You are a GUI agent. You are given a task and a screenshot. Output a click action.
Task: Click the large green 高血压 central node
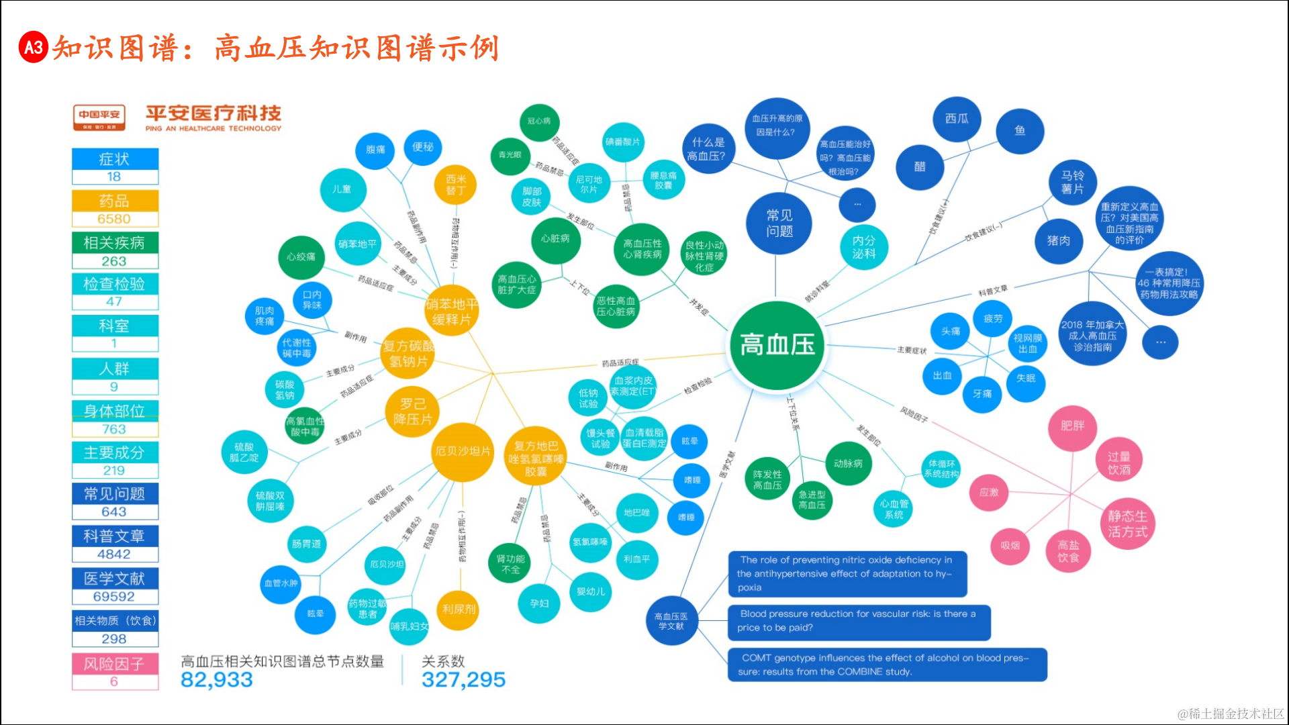click(x=777, y=345)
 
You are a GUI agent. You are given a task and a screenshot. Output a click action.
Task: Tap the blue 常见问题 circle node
click(x=779, y=224)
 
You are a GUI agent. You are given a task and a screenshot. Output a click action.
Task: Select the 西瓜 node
click(x=957, y=119)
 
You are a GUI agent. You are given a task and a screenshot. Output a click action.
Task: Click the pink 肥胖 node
click(x=1072, y=426)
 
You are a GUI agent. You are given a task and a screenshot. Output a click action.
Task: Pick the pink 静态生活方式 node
click(x=1127, y=524)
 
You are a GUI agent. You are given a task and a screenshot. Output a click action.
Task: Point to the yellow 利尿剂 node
click(x=459, y=609)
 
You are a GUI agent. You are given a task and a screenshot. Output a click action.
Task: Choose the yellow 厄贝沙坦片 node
click(x=463, y=451)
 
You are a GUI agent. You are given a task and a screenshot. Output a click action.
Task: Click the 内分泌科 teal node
click(x=864, y=247)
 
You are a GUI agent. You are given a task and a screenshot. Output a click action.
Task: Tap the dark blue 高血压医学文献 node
click(x=671, y=621)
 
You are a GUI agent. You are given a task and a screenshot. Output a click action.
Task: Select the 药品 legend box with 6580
click(x=115, y=209)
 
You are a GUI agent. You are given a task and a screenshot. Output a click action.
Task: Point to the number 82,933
click(x=217, y=680)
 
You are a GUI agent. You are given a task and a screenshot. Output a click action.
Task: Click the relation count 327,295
click(x=463, y=680)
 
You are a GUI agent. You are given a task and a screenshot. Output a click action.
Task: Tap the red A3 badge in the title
click(x=34, y=47)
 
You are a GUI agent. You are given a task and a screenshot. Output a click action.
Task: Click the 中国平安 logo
click(x=99, y=117)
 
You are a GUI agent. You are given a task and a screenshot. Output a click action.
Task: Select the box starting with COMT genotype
click(x=887, y=665)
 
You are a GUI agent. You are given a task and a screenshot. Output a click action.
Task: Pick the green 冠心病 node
click(x=538, y=122)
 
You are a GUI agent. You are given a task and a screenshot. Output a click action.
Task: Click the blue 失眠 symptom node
click(x=1025, y=379)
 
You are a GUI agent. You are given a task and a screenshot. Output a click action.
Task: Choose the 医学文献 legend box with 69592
click(x=115, y=587)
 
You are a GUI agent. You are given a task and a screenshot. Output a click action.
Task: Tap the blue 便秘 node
click(x=422, y=147)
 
